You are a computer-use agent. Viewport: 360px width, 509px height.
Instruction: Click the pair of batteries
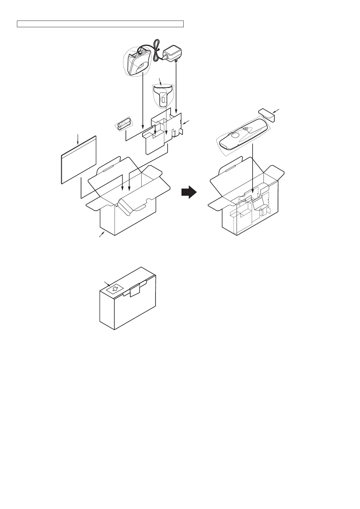tap(124, 125)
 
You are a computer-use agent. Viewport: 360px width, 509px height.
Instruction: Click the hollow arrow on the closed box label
tap(114, 289)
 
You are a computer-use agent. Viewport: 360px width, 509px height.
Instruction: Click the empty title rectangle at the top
tap(100, 24)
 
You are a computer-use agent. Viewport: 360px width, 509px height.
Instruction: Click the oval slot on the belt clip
tap(163, 99)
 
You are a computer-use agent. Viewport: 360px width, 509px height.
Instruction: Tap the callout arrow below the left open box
tap(102, 235)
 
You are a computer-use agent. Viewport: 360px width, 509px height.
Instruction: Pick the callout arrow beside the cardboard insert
tap(186, 122)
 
